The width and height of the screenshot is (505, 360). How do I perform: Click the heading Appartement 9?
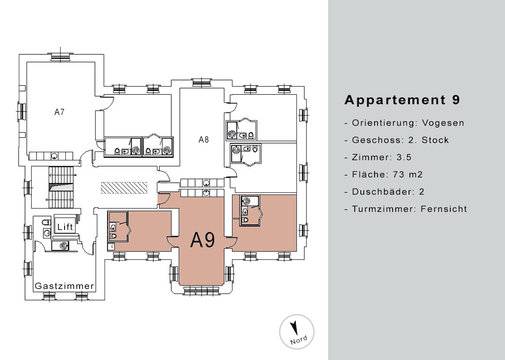click(x=402, y=100)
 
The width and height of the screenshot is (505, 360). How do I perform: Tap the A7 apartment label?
click(x=59, y=112)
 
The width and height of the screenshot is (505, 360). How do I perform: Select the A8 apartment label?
click(x=204, y=140)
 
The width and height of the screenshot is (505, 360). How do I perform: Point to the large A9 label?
click(x=203, y=239)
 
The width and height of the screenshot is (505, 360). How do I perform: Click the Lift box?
click(x=65, y=227)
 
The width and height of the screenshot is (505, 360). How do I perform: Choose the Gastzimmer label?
click(x=65, y=286)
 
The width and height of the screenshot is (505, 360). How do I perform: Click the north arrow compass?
click(x=297, y=332)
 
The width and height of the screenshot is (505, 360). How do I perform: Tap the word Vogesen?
click(x=443, y=123)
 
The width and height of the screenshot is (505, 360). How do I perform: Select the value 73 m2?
click(x=408, y=174)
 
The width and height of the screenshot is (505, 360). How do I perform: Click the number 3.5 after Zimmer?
click(x=404, y=158)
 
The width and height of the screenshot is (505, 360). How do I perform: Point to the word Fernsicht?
click(x=444, y=209)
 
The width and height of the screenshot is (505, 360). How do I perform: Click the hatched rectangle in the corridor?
click(x=124, y=188)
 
